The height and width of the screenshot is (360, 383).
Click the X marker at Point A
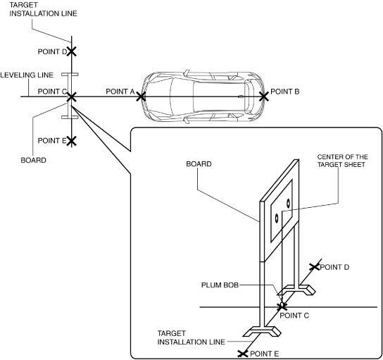(141, 97)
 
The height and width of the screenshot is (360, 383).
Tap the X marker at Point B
(264, 97)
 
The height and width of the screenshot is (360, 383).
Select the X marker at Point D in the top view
(72, 51)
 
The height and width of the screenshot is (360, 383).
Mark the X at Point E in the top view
(72, 141)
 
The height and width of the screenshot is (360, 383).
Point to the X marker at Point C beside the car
(72, 97)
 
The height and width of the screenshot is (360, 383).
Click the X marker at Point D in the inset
(315, 267)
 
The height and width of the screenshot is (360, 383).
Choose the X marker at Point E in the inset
(243, 354)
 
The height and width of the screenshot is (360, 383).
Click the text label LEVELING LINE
(27, 75)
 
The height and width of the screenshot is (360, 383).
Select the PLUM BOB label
(220, 285)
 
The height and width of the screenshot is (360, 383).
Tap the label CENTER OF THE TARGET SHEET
(342, 161)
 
